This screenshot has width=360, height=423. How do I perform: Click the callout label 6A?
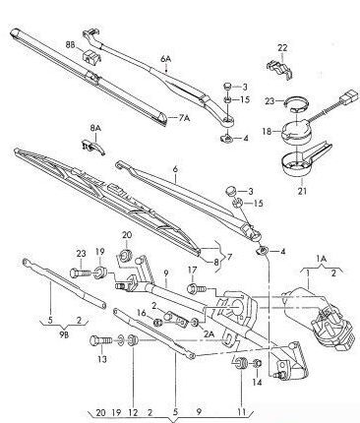[166, 59]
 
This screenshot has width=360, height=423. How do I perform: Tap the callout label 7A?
[185, 118]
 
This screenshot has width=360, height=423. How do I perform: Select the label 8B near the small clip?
[70, 45]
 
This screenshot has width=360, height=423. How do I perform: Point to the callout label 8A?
[95, 128]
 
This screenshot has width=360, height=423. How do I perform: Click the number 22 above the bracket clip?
[282, 48]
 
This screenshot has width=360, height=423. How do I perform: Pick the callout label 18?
[267, 132]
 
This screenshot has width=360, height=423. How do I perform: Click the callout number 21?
[302, 191]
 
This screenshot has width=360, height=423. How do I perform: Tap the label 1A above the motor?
[322, 259]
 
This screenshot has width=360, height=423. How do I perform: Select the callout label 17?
[193, 271]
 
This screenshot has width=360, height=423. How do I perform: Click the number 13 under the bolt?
[102, 359]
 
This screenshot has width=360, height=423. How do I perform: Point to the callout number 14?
[257, 382]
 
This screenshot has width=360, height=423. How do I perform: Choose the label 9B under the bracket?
[64, 335]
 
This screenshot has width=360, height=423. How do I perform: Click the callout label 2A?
[209, 333]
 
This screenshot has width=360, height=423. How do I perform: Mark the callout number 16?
[142, 313]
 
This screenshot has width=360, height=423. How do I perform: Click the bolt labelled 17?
[197, 289]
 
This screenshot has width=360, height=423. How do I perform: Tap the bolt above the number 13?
[100, 341]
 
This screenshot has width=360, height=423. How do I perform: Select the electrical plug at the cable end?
[347, 97]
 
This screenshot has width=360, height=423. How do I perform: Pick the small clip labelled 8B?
[90, 56]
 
